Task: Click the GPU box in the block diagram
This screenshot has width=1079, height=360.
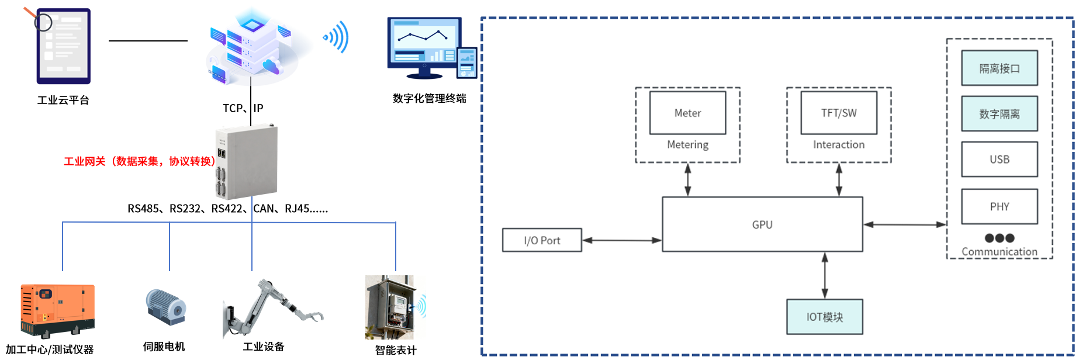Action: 762,224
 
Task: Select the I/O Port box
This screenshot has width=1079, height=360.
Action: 542,240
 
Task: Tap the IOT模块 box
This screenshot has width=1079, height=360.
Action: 824,317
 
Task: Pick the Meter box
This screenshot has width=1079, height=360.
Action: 687,113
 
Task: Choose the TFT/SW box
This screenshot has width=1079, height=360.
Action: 838,113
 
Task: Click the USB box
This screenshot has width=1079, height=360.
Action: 999,159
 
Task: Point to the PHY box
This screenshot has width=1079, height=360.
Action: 999,206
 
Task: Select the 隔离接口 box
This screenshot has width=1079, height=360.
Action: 999,68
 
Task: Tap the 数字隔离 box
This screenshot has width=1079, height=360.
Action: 999,114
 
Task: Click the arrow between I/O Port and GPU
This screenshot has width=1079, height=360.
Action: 622,240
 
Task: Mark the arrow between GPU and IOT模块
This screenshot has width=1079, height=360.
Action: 824,275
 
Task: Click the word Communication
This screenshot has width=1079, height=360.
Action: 999,252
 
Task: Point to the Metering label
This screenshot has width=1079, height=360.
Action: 687,144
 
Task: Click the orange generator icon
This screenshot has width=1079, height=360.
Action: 57,310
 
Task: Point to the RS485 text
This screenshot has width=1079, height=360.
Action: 144,209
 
